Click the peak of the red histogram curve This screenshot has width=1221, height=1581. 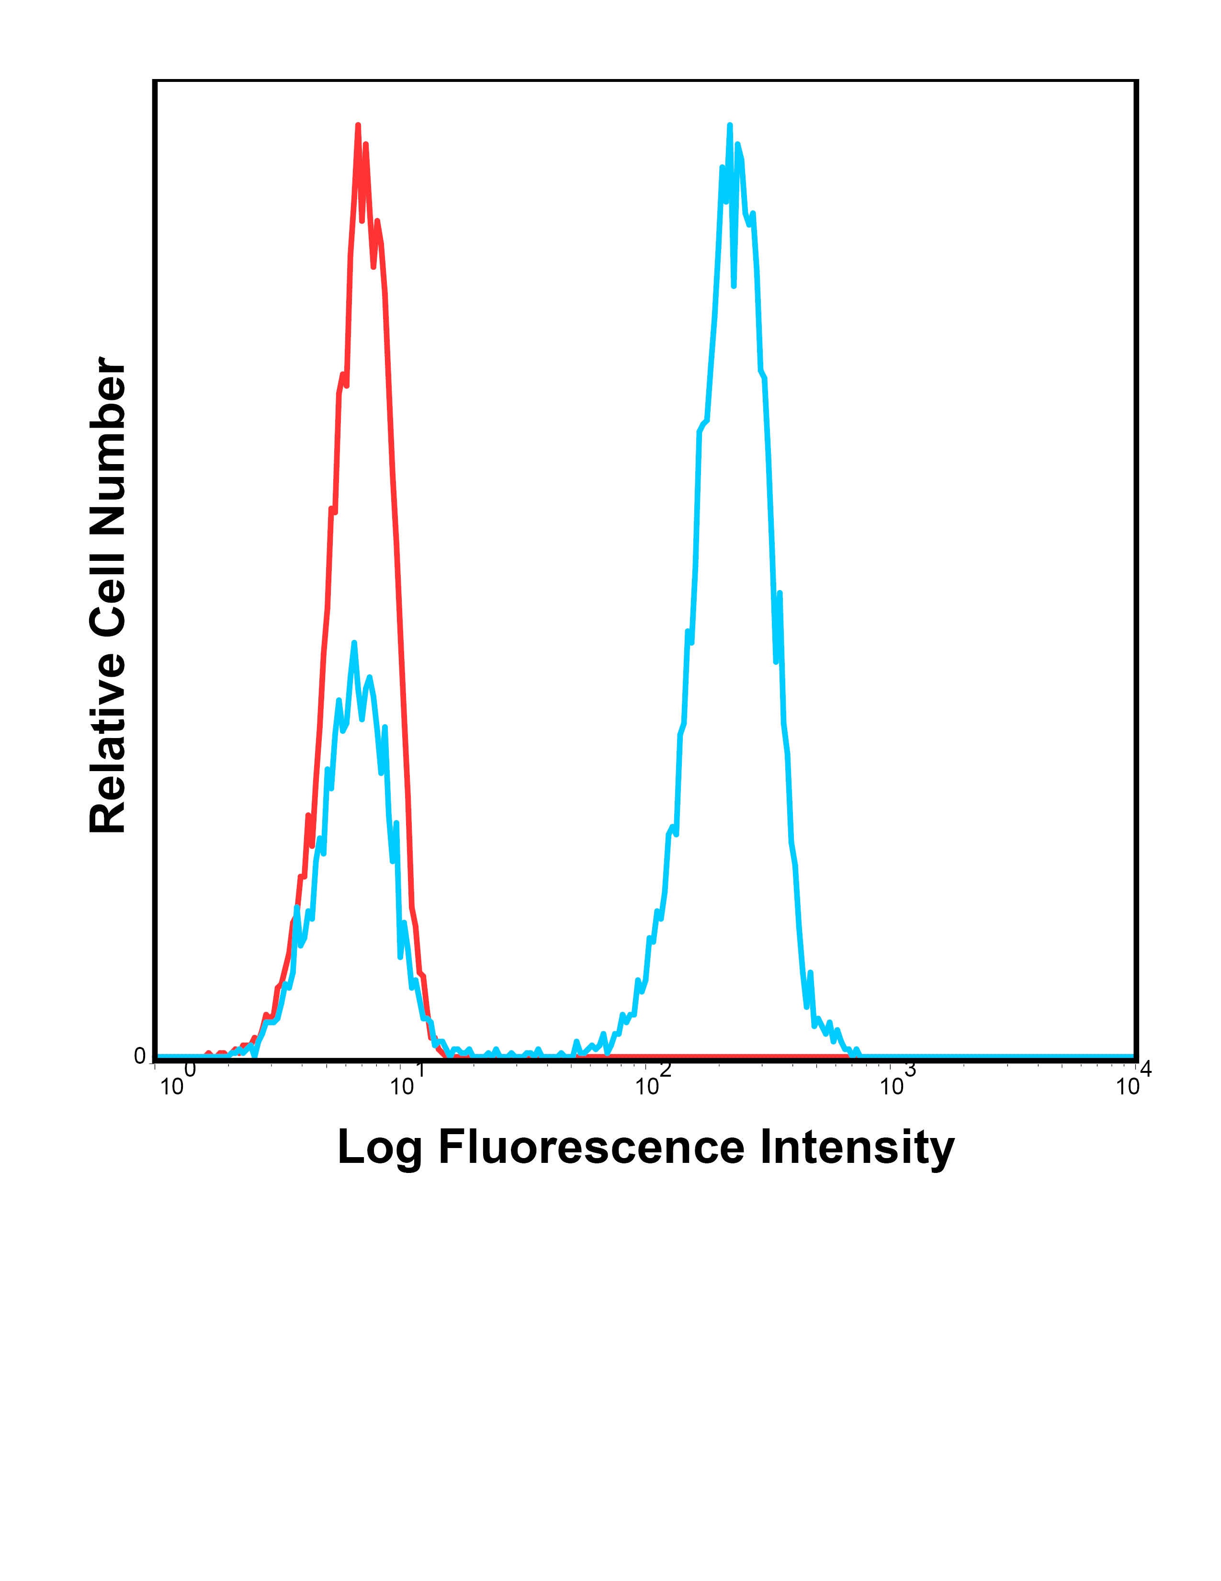pyautogui.click(x=358, y=126)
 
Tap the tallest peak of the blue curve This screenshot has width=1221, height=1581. pyautogui.click(x=730, y=126)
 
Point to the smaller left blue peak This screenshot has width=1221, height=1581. pyautogui.click(x=354, y=643)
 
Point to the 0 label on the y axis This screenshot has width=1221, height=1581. pyautogui.click(x=140, y=1056)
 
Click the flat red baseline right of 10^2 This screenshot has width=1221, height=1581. pyautogui.click(x=724, y=1057)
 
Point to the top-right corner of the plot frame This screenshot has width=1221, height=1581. pyautogui.click(x=1136, y=81)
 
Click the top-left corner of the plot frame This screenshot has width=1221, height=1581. pyautogui.click(x=155, y=81)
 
